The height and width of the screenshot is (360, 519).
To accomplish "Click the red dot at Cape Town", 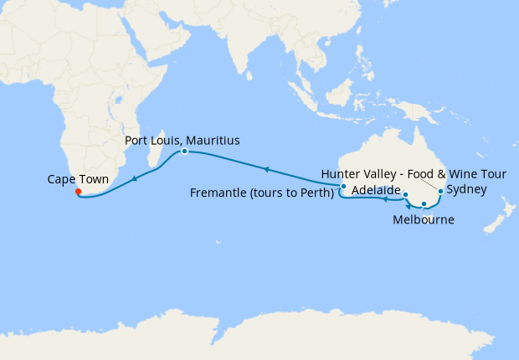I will (78, 192).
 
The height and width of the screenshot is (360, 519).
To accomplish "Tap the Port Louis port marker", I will (184, 152).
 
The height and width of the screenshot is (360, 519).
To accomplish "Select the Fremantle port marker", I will (343, 186).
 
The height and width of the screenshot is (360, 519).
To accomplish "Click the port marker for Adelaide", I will (405, 195).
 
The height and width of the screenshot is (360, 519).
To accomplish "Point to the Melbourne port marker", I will (424, 203).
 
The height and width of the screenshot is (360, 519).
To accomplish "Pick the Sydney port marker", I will (441, 192).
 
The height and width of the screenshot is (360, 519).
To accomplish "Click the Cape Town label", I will (78, 179).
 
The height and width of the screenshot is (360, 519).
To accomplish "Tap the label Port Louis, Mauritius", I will (182, 140).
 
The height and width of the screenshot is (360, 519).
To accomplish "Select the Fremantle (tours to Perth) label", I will (262, 193).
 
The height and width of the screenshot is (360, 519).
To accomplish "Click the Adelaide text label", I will (376, 191).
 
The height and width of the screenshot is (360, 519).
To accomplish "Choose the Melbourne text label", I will (424, 220).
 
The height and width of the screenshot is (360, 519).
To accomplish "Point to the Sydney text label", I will (466, 190).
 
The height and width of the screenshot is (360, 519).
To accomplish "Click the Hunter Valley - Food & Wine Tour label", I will (403, 174).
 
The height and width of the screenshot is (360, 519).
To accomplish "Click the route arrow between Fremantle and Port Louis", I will (265, 169).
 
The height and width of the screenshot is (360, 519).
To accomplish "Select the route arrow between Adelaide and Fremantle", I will (383, 200).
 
